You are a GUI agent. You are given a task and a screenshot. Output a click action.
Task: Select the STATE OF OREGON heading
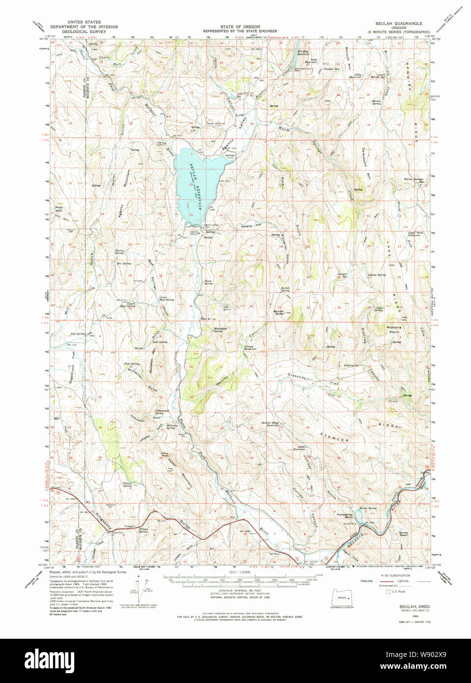click(x=240, y=27)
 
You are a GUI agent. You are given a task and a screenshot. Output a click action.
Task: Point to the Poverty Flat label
click(x=251, y=226)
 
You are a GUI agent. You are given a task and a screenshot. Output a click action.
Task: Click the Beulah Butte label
click(x=279, y=312)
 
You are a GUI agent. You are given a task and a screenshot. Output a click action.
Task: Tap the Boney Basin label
click(x=404, y=534)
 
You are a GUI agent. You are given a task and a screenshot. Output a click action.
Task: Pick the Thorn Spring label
click(x=208, y=283)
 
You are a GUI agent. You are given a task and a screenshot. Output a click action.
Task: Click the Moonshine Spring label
click(x=220, y=330)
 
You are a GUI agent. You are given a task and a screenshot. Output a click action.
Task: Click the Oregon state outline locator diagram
click(x=342, y=599)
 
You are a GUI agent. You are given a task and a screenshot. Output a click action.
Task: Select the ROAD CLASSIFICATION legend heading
click(x=392, y=575)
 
